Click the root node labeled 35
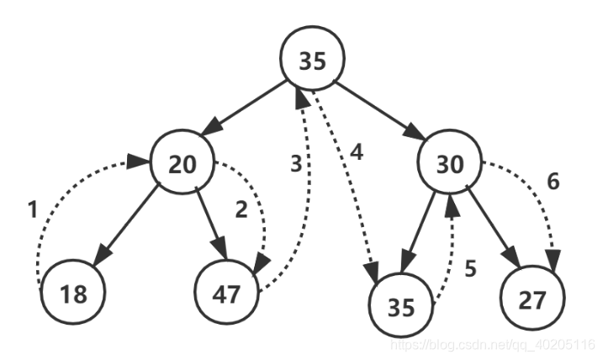[312, 59]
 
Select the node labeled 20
[182, 162]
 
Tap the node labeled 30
[450, 161]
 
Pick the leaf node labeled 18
[73, 292]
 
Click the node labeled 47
[226, 292]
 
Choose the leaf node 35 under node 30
[401, 305]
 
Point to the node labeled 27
[532, 298]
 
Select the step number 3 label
[296, 164]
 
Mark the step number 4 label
[357, 152]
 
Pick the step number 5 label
[471, 268]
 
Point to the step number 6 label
[553, 181]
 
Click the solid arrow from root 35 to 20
[243, 108]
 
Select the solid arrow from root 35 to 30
[380, 110]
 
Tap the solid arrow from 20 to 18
[125, 225]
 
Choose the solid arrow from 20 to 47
[211, 224]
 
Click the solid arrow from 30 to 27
[494, 226]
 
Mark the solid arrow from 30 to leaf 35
[419, 229]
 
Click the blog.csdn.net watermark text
[493, 344]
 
